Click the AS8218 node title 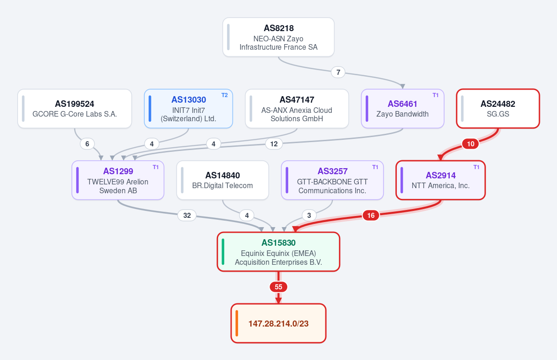click(x=278, y=28)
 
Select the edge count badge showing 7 click(x=338, y=72)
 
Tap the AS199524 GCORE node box click(x=75, y=109)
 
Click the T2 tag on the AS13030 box click(x=225, y=95)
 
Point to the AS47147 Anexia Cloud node click(x=297, y=109)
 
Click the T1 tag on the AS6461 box click(x=435, y=95)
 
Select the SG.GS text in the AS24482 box click(x=498, y=114)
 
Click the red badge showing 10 click(x=471, y=144)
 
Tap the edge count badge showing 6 click(x=87, y=144)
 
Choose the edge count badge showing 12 click(x=274, y=144)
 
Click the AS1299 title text click(x=118, y=171)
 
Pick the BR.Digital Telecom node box click(x=222, y=180)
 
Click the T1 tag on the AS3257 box click(x=375, y=167)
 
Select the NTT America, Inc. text click(x=440, y=186)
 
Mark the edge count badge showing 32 click(x=187, y=215)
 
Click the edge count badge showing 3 click(x=309, y=215)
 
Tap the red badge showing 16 click(x=371, y=215)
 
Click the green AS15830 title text click(x=278, y=242)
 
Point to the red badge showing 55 click(x=278, y=287)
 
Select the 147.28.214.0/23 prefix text click(x=278, y=323)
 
